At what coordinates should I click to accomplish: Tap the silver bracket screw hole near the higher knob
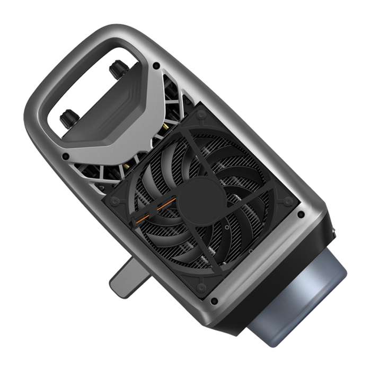[x=156, y=66]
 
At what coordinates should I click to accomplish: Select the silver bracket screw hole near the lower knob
[x=65, y=156]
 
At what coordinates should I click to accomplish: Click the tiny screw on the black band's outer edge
[x=334, y=232]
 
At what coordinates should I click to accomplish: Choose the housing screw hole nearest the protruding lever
[x=214, y=301]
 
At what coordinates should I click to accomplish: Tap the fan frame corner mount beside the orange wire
[x=114, y=202]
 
